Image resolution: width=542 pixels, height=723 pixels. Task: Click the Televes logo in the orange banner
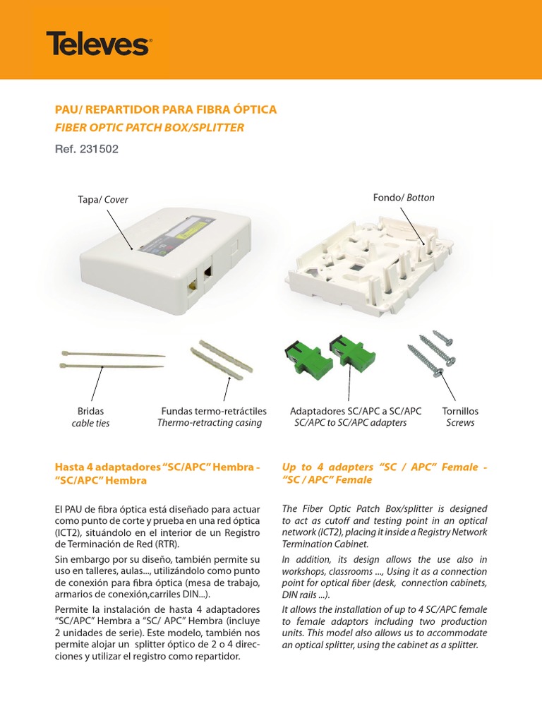(x=98, y=44)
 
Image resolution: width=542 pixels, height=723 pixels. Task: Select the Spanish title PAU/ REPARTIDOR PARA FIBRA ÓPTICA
(x=166, y=110)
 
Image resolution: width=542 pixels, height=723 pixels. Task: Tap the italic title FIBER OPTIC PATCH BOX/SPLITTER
(x=150, y=128)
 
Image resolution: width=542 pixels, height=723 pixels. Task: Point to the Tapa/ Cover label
(x=103, y=200)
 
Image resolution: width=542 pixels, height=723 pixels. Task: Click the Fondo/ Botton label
(x=404, y=198)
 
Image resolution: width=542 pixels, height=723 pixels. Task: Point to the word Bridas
(x=90, y=411)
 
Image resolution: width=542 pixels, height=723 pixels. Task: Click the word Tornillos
(x=460, y=411)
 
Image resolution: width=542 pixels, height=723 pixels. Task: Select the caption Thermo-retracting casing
(x=209, y=423)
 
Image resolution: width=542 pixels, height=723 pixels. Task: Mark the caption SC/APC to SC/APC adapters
(x=350, y=423)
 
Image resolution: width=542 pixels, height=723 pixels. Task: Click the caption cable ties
(x=90, y=424)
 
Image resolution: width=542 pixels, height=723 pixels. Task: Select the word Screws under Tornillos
(x=460, y=423)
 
